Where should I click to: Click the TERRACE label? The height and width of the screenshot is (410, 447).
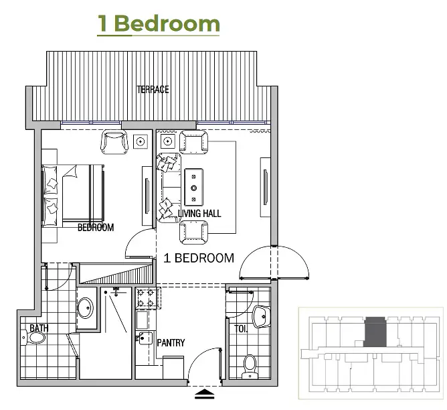(153, 90)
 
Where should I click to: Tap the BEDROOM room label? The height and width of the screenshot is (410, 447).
(96, 227)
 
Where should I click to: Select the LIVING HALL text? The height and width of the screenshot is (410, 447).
(199, 214)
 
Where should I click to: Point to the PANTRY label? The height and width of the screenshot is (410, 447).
(171, 342)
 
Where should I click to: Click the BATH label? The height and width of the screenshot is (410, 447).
(39, 328)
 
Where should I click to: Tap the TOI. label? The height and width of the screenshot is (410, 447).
(241, 329)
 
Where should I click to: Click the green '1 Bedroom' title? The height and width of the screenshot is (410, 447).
(159, 23)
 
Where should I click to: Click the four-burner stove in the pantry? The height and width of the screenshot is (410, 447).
(145, 298)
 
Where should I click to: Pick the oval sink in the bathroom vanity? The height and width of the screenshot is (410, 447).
(86, 308)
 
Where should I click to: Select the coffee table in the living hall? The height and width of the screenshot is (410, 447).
(194, 187)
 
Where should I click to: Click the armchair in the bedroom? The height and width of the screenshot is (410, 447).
(114, 142)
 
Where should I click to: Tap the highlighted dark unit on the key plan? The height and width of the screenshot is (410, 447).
(375, 332)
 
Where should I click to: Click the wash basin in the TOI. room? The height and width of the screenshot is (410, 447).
(261, 316)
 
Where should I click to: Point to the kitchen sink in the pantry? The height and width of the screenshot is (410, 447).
(145, 338)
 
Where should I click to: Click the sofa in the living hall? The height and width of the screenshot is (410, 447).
(169, 188)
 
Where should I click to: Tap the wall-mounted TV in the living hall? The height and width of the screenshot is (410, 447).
(266, 187)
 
